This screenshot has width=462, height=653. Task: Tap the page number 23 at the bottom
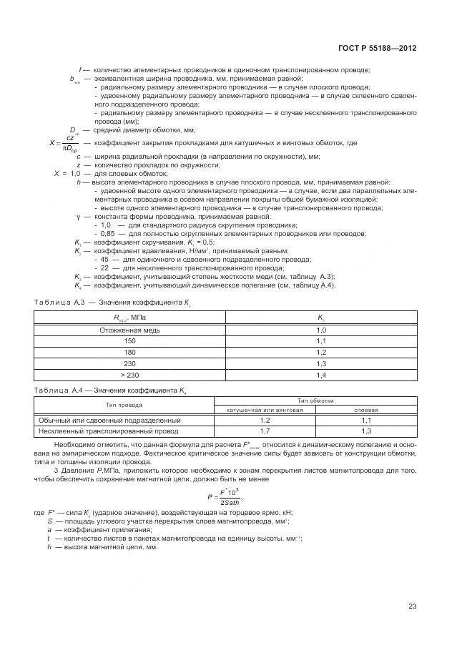click(413, 607)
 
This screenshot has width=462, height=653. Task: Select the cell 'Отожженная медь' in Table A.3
click(130, 330)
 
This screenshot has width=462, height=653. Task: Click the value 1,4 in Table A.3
click(321, 375)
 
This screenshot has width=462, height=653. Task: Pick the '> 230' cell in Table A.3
click(130, 375)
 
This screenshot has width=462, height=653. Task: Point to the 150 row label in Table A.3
click(130, 342)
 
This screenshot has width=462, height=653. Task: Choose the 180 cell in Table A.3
click(130, 353)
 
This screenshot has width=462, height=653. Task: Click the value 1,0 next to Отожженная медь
click(321, 330)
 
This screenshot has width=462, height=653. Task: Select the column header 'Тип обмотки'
click(315, 402)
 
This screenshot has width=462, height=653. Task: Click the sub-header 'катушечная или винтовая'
click(265, 411)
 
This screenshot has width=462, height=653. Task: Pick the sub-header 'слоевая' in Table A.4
click(366, 411)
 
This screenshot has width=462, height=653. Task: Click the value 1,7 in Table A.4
click(265, 431)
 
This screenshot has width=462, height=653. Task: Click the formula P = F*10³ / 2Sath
click(223, 496)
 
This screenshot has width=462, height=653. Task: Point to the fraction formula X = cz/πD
click(65, 143)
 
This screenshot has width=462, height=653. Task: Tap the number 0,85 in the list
click(108, 234)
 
